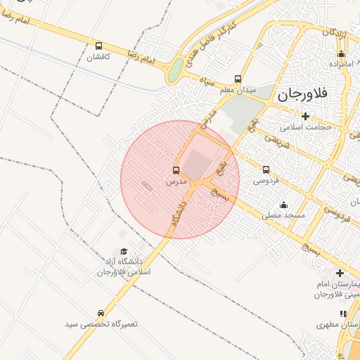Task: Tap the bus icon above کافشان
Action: (x=98, y=46)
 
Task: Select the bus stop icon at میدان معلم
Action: (x=238, y=79)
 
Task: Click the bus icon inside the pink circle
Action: (x=176, y=170)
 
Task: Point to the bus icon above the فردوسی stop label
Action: (x=266, y=169)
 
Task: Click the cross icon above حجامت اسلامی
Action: (x=305, y=116)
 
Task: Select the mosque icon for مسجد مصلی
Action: (x=283, y=205)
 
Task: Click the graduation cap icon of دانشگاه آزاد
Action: (x=124, y=251)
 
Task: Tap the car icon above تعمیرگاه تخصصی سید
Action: (x=101, y=313)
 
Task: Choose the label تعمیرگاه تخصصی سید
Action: (x=101, y=323)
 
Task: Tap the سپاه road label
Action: (x=209, y=82)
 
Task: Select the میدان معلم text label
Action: (x=237, y=90)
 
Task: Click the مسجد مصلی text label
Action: (x=285, y=214)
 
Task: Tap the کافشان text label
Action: (x=99, y=57)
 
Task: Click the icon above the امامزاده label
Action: (x=342, y=54)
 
